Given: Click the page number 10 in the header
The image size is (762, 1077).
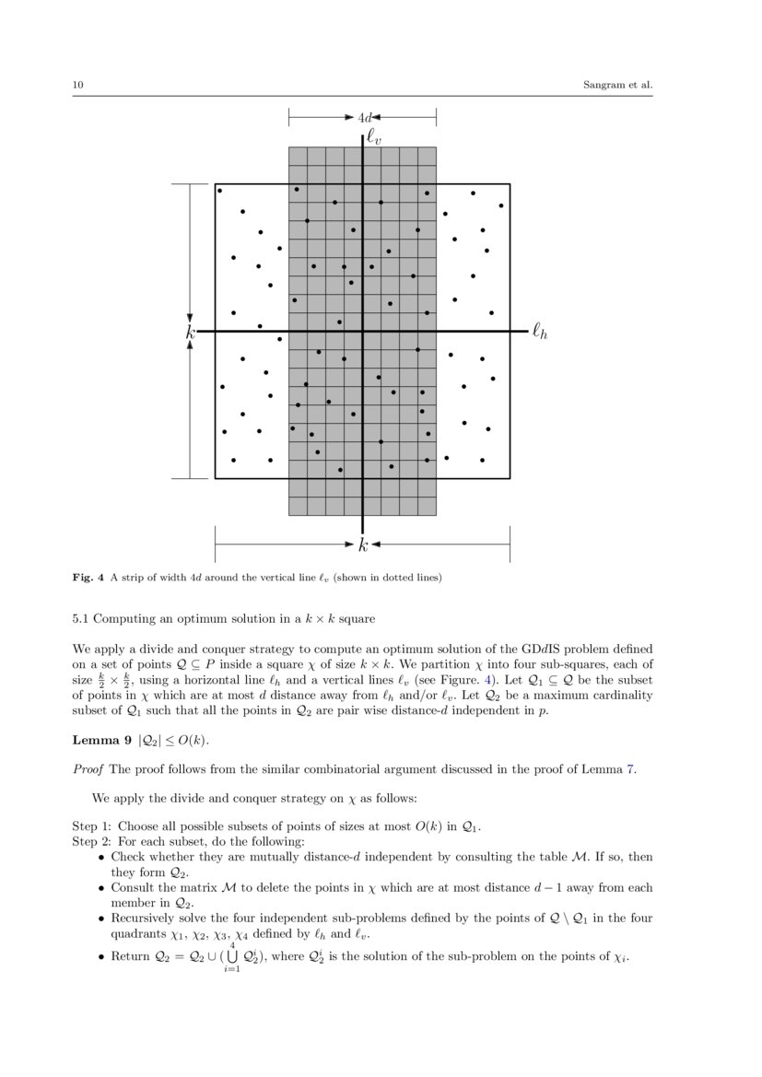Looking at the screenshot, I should (77, 86).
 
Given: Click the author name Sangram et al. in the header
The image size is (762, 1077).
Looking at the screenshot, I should (617, 86).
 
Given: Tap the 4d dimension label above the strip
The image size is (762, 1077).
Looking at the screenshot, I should (364, 118).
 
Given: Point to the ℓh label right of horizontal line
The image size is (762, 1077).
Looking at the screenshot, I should (539, 332).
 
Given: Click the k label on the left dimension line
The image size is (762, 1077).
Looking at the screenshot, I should (190, 333).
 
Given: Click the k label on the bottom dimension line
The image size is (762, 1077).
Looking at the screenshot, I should (363, 545).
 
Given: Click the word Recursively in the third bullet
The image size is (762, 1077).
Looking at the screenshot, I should (140, 919).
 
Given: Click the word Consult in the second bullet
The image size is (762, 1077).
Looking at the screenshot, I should (132, 888).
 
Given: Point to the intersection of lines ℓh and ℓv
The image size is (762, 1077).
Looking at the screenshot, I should (363, 332).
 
